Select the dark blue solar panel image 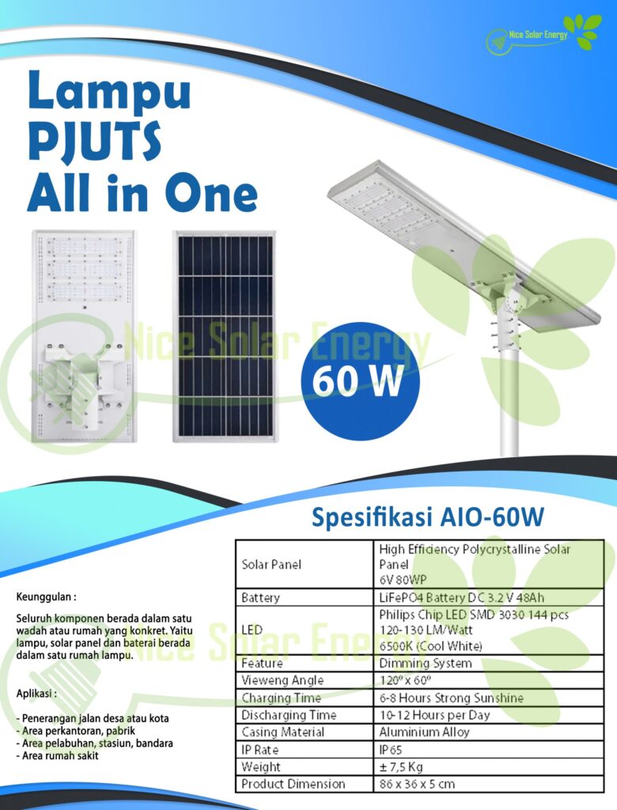224,335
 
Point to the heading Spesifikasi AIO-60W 428,518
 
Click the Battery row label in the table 261,598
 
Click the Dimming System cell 425,663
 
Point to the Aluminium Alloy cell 424,732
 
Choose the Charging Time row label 282,698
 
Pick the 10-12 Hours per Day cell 434,715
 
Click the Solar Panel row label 271,565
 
